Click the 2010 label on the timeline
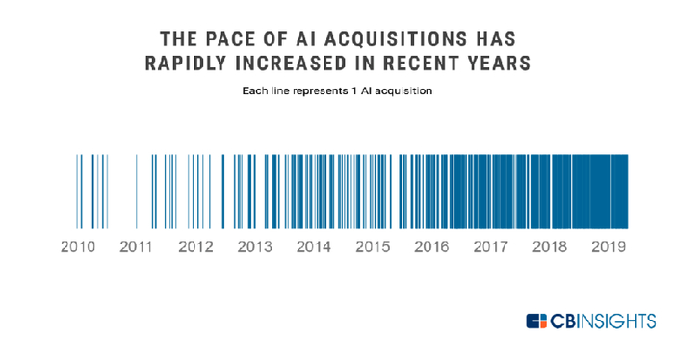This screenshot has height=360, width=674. point(77,246)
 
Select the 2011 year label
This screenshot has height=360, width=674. point(137,246)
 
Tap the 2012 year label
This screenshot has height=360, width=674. point(195,246)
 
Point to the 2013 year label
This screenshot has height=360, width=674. point(254,246)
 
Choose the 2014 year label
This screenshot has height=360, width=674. point(313,246)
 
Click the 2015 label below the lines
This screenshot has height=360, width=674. point(373,246)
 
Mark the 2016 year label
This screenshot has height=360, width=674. point(431,246)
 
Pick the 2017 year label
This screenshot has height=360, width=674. point(491,246)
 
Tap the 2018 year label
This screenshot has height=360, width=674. point(550,246)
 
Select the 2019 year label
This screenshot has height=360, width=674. point(609,246)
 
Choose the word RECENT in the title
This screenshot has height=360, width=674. point(423,64)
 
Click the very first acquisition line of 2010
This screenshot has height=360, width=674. point(78,190)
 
